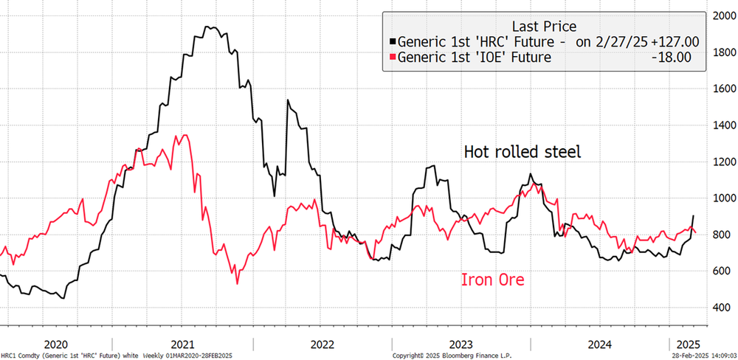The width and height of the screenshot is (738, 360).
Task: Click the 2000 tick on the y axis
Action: click(721, 16)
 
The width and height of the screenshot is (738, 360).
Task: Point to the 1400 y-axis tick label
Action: click(721, 125)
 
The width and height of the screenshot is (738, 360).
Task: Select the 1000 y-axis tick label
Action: click(721, 198)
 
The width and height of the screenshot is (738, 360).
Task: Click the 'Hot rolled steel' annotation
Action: click(523, 152)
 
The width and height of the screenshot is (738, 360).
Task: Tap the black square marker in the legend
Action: click(393, 42)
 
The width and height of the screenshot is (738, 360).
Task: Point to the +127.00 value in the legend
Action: click(672, 41)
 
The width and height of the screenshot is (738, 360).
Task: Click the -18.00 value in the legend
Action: click(677, 58)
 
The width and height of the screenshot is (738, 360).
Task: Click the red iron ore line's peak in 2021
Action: click(184, 135)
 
